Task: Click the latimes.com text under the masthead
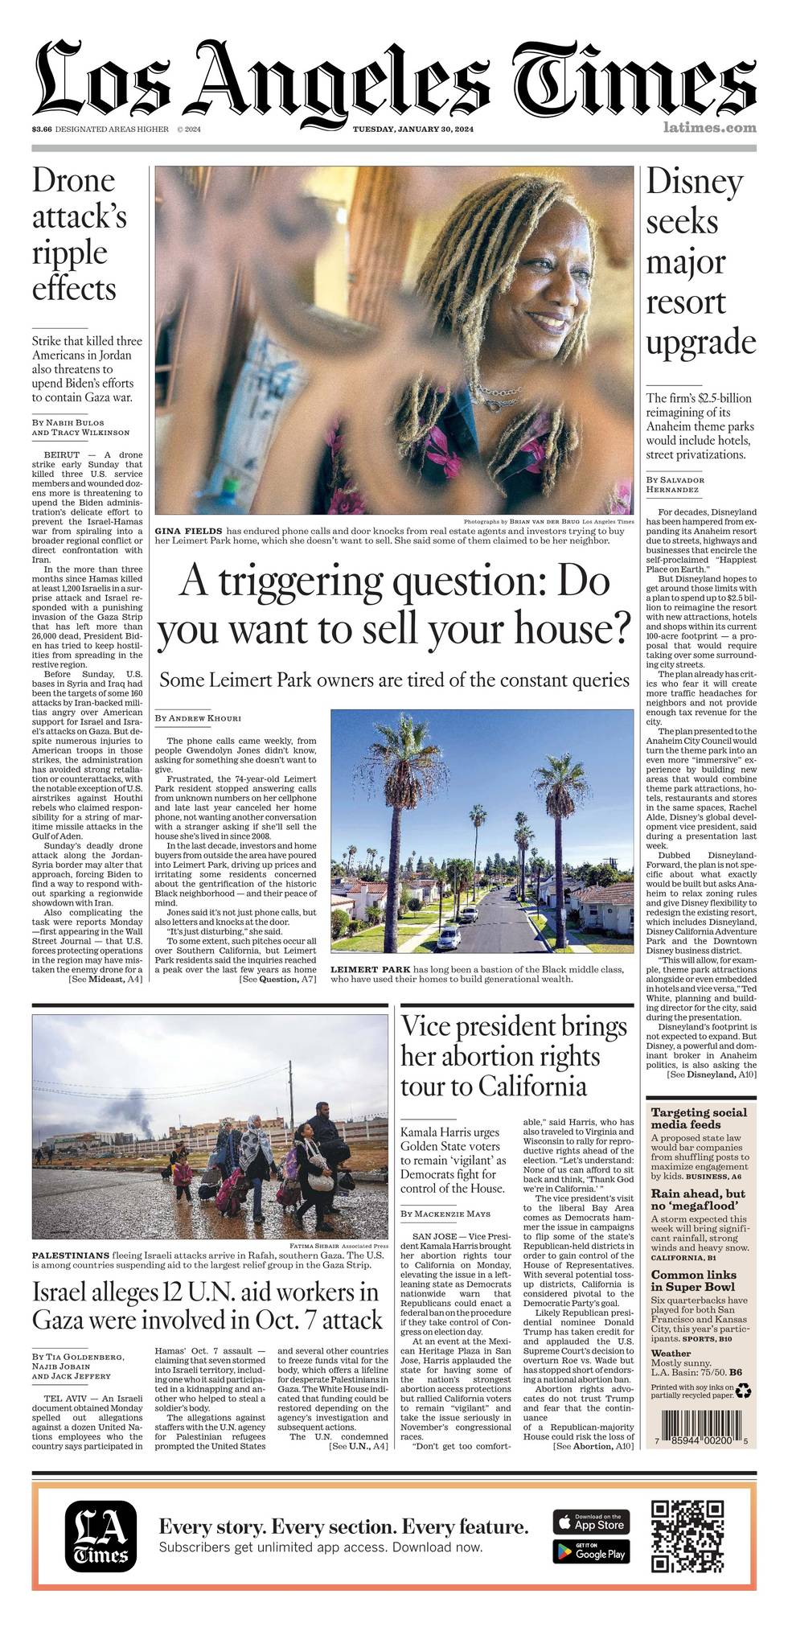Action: [710, 127]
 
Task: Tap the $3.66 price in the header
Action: [42, 129]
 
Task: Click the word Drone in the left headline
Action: [74, 181]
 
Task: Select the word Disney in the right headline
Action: [695, 183]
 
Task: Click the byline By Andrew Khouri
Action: [198, 717]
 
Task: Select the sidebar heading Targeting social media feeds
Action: [699, 1118]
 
